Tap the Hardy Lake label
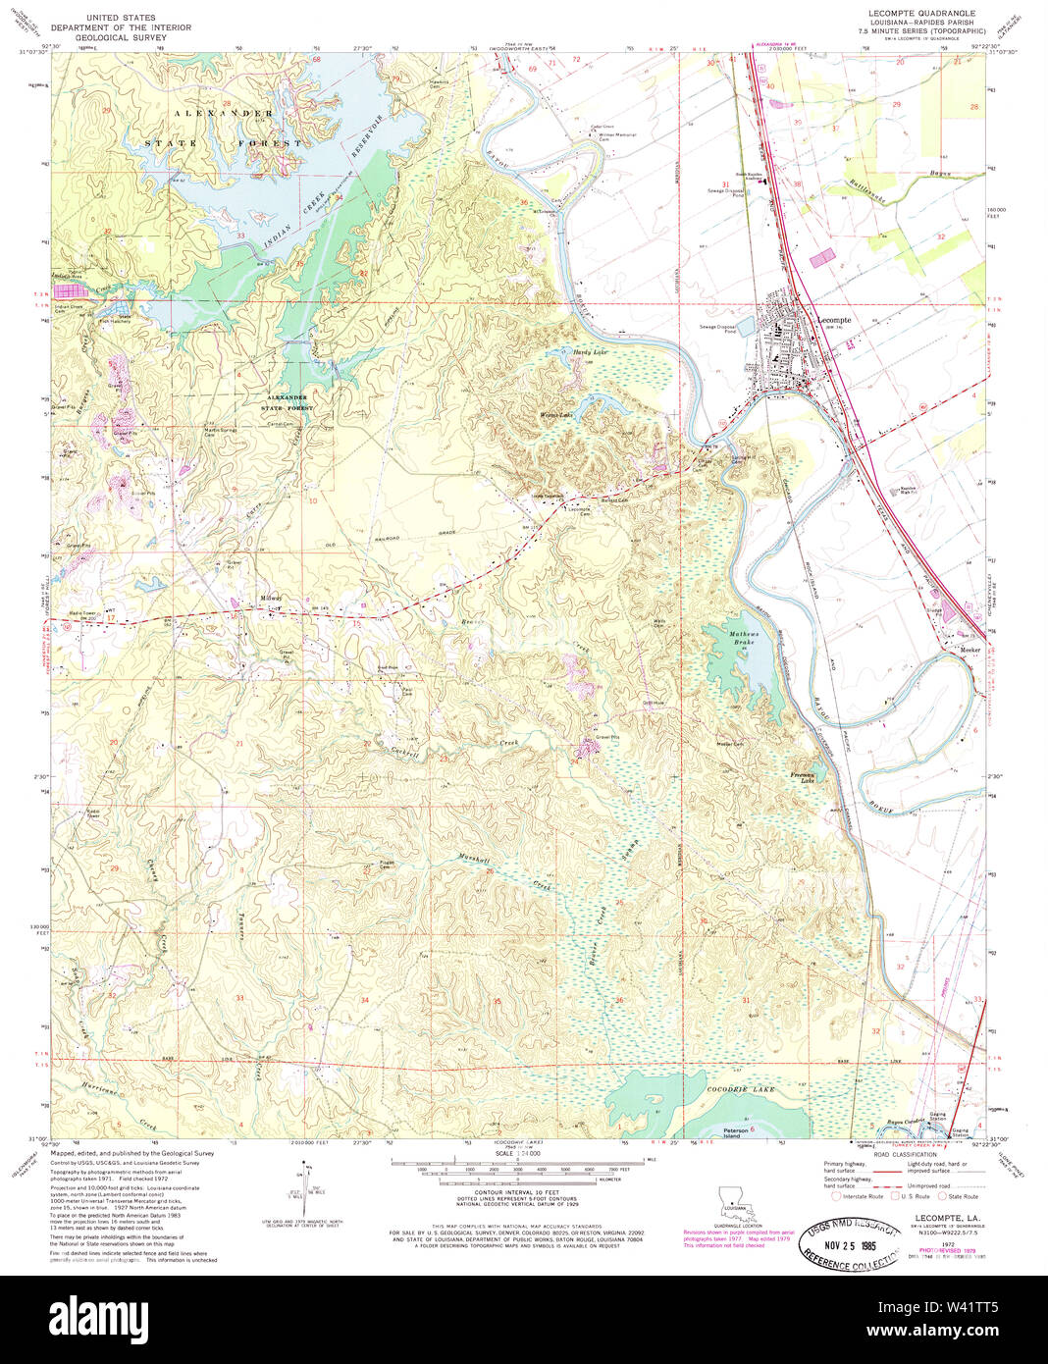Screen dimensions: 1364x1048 coord(591,351)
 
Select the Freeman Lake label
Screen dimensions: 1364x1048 coord(803,776)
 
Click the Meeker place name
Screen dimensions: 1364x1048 coord(969,650)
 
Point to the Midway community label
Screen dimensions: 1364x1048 coord(271,598)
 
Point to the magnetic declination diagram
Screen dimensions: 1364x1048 coord(303,1193)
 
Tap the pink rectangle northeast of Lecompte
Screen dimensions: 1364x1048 coord(821,256)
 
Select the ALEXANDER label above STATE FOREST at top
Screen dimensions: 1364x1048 coord(225,114)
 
